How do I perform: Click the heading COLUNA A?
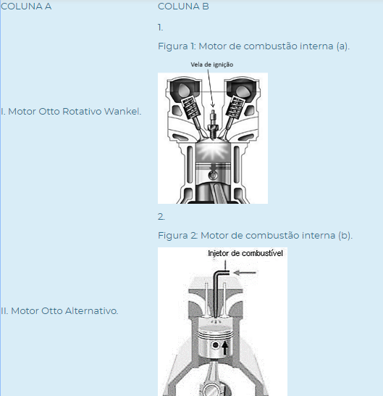coord(26,7)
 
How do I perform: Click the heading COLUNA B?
coord(183,7)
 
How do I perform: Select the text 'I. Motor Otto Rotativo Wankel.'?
coord(71,112)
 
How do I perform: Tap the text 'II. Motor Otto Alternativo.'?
coord(59,311)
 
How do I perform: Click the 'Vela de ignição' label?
coord(212,65)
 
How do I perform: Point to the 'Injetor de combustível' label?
coord(245,253)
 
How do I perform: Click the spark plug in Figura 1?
coord(213,125)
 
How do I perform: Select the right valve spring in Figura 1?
coord(235,107)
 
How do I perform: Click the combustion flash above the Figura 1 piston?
coord(213,152)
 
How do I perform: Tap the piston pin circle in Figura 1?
coord(213,175)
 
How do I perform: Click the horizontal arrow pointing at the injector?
coord(245,273)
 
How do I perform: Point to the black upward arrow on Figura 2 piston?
coord(225,347)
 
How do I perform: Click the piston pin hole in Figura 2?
coord(215,345)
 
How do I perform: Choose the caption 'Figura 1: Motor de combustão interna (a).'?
coord(253,46)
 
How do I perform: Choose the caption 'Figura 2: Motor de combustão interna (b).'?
coord(255,236)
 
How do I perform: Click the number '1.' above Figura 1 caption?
coord(160,28)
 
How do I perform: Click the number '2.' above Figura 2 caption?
coord(161,217)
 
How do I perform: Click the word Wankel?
coord(122,112)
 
